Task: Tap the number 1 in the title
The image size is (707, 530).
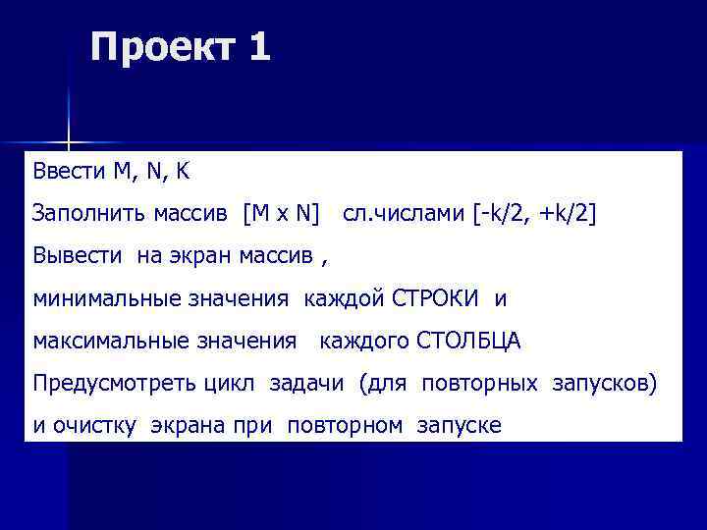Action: [x=259, y=47]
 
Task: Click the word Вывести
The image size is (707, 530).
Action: [x=77, y=256]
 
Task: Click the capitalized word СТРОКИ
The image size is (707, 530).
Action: [x=435, y=298]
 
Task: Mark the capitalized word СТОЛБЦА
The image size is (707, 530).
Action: [x=469, y=342]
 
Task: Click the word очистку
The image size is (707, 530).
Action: [x=99, y=426]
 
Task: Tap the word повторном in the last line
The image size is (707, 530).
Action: [x=346, y=426]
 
